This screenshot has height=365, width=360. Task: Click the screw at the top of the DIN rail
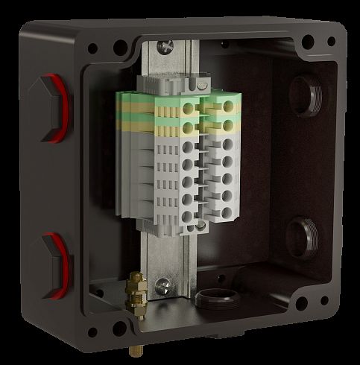click(x=166, y=48)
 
